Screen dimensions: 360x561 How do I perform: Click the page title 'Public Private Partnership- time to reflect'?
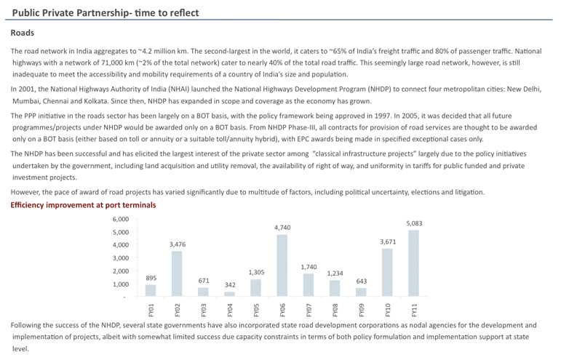(x=106, y=13)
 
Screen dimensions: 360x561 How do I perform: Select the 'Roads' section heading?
(x=23, y=33)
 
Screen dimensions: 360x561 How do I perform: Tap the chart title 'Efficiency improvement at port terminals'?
(x=83, y=205)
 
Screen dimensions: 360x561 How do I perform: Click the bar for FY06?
(x=282, y=265)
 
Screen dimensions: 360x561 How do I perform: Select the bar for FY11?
(x=413, y=263)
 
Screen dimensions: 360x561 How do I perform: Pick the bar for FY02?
(x=177, y=273)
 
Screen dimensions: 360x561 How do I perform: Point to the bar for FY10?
(x=387, y=272)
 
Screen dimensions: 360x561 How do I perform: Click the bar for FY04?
(x=229, y=294)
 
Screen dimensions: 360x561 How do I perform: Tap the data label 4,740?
(x=282, y=228)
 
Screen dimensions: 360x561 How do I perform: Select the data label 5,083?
(x=413, y=223)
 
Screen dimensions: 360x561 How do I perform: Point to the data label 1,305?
(x=256, y=273)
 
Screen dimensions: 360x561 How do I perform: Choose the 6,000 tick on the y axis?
(x=120, y=219)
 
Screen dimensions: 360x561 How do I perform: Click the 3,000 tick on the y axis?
(x=120, y=258)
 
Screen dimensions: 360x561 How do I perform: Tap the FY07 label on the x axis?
(x=309, y=310)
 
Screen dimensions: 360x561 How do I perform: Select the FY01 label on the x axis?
(x=151, y=310)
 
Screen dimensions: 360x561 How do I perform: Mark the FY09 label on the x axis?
(x=361, y=310)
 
